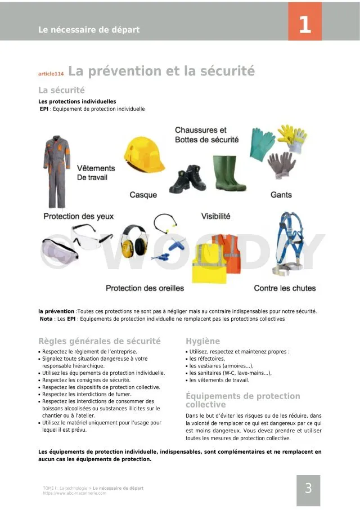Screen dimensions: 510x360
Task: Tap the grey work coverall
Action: (57, 169)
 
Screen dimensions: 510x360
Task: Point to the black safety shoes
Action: (188, 179)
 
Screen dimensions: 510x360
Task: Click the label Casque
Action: (143, 195)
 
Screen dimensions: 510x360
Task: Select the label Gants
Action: (281, 195)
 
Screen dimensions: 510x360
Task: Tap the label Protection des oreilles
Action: (145, 288)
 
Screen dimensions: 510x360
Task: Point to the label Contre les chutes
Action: (285, 288)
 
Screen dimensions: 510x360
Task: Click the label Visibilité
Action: (216, 216)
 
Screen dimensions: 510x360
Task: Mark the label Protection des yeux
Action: (79, 217)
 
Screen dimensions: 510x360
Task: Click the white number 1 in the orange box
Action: (305, 25)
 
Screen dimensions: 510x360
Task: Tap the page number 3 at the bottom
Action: (308, 489)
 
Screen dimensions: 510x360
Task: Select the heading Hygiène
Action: (203, 341)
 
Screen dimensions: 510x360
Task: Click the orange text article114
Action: (51, 74)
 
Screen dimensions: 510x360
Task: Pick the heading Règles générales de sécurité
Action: (100, 341)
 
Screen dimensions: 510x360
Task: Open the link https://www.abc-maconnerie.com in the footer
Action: (74, 493)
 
